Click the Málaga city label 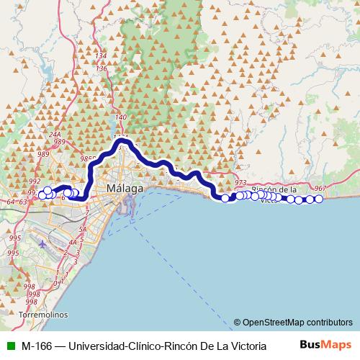coord(125,189)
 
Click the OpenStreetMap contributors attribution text coord(297,323)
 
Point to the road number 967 coord(320,189)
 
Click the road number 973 coord(240,183)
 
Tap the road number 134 coord(101,56)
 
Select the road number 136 coord(102,69)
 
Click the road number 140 coord(120,117)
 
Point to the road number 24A coord(55,134)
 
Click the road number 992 coord(35,181)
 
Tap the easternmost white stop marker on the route coord(318,199)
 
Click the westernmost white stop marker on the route coord(41,194)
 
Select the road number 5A coord(82,229)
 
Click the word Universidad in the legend coord(96,346)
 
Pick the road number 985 coord(87,159)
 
